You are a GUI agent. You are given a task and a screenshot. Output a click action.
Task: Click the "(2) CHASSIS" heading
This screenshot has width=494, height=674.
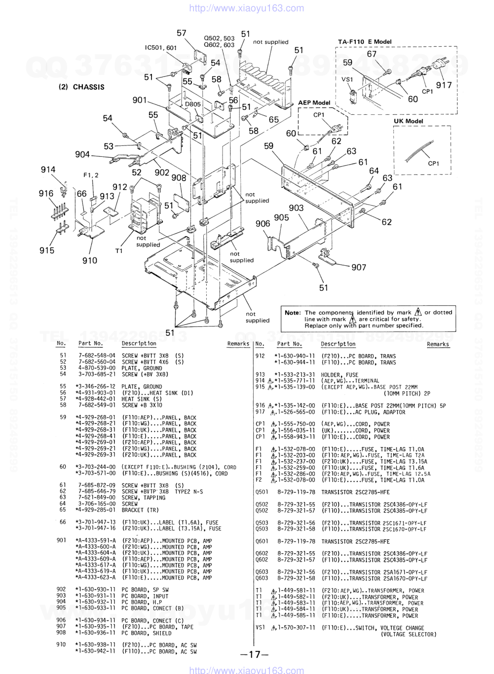[x=81, y=87]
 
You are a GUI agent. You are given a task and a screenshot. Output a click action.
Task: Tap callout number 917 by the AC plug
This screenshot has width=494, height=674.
[x=444, y=85]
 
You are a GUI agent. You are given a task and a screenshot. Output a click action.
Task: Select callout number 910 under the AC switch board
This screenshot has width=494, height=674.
[x=90, y=260]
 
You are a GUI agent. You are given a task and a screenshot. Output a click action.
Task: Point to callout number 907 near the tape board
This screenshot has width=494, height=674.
[x=359, y=267]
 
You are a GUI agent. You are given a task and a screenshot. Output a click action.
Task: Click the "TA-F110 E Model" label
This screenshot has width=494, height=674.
[x=365, y=42]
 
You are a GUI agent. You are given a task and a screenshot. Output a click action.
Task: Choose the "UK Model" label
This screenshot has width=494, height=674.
[x=408, y=121]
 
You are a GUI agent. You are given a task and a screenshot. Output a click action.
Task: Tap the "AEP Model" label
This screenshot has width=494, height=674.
[x=314, y=103]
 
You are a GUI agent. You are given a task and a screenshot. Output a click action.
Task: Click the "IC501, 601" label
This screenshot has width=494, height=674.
[x=160, y=48]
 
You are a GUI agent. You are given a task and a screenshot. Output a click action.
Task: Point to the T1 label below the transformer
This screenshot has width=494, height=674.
[x=118, y=251]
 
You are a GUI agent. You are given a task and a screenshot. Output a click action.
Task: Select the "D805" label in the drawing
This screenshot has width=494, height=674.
[x=193, y=104]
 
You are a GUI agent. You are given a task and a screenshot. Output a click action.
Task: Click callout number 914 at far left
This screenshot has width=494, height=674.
[x=48, y=170]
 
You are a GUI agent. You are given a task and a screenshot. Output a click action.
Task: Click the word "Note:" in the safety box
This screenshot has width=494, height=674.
[x=293, y=313]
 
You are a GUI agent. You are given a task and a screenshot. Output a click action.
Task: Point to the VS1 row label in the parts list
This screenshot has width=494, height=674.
[x=261, y=628]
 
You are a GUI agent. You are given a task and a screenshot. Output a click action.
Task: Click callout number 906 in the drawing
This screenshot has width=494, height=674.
[x=263, y=224]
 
